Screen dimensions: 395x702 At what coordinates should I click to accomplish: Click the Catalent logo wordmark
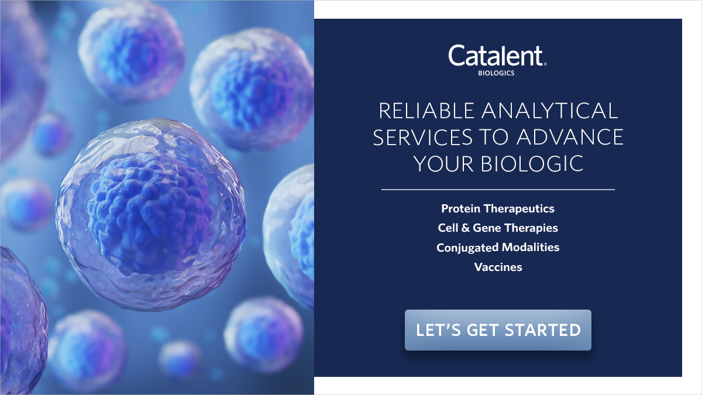pyautogui.click(x=496, y=56)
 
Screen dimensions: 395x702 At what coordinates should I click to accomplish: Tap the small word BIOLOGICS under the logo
pyautogui.click(x=498, y=74)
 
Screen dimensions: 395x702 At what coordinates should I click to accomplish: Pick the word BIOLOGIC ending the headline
pyautogui.click(x=538, y=164)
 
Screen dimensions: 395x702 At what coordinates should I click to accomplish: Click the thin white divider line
pyautogui.click(x=498, y=190)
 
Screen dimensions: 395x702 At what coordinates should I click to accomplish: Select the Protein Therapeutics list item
pyautogui.click(x=498, y=208)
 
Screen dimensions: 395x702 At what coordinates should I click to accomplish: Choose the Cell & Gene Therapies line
pyautogui.click(x=498, y=228)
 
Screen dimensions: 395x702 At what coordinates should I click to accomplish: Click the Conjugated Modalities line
pyautogui.click(x=498, y=248)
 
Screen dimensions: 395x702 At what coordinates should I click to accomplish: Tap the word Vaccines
pyautogui.click(x=498, y=267)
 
